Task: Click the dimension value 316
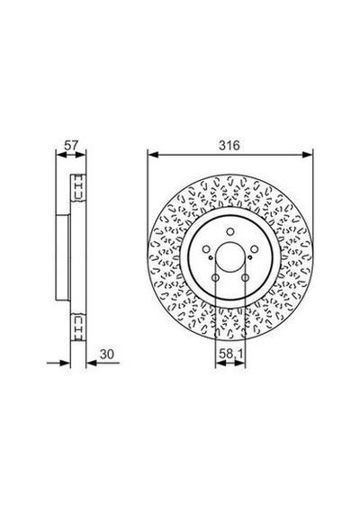click(x=229, y=145)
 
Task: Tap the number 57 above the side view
click(x=71, y=145)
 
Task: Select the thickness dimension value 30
click(x=107, y=354)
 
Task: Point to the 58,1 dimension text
click(x=230, y=354)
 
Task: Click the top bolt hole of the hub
click(x=230, y=231)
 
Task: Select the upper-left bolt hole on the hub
click(x=206, y=249)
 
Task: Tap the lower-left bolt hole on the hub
click(x=215, y=278)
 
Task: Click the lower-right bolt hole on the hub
click(x=245, y=278)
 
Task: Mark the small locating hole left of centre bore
click(x=211, y=257)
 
